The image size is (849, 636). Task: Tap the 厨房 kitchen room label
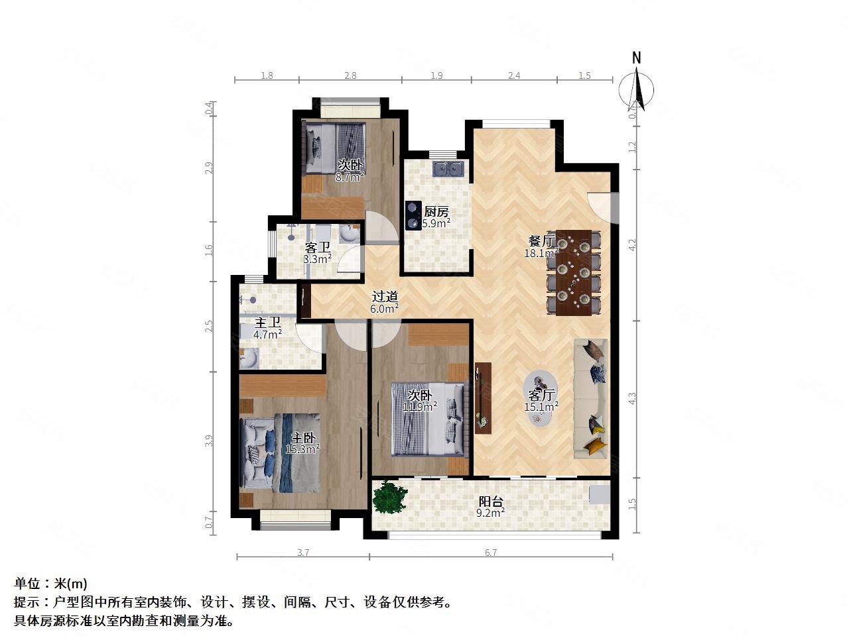click(x=436, y=212)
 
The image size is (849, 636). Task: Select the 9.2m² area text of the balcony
click(x=491, y=512)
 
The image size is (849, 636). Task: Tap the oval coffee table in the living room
click(x=541, y=399)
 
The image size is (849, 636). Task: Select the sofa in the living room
click(x=590, y=398)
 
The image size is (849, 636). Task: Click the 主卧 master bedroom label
click(x=303, y=438)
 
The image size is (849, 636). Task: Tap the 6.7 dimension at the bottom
click(x=491, y=553)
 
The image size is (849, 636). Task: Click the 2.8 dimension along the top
click(x=350, y=76)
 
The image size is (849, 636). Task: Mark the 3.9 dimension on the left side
click(x=209, y=441)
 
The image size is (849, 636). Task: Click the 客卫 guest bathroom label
click(x=318, y=248)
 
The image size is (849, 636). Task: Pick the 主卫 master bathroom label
click(x=268, y=323)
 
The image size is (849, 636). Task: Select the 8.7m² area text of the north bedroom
click(x=350, y=177)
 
